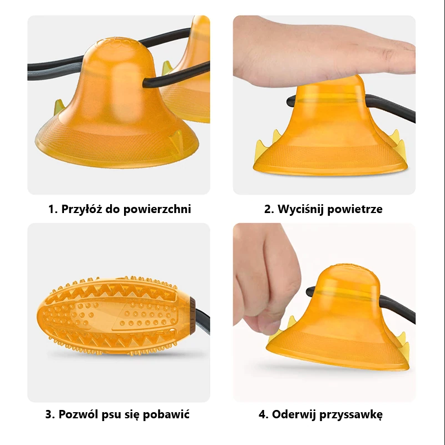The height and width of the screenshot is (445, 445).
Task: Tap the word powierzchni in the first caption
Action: coord(157,210)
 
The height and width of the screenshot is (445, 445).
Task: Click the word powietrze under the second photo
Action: coord(355,210)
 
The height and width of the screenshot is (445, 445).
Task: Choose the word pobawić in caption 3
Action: coord(166,414)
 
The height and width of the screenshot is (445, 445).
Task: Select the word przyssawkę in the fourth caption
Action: coord(351,415)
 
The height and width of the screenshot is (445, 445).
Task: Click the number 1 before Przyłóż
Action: coord(52,210)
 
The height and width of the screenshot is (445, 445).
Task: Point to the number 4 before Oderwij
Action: coord(263,414)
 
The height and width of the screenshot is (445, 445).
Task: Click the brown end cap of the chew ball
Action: coord(192,315)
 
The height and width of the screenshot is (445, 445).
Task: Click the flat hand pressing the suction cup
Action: coord(324,51)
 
